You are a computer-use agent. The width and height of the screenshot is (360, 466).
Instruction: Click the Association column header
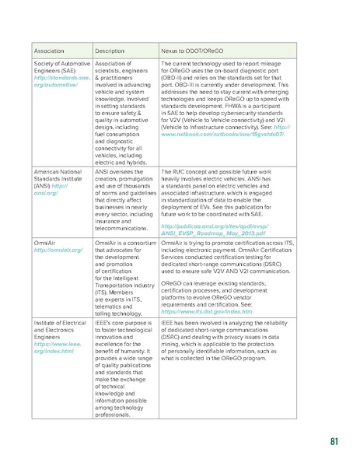49,50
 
